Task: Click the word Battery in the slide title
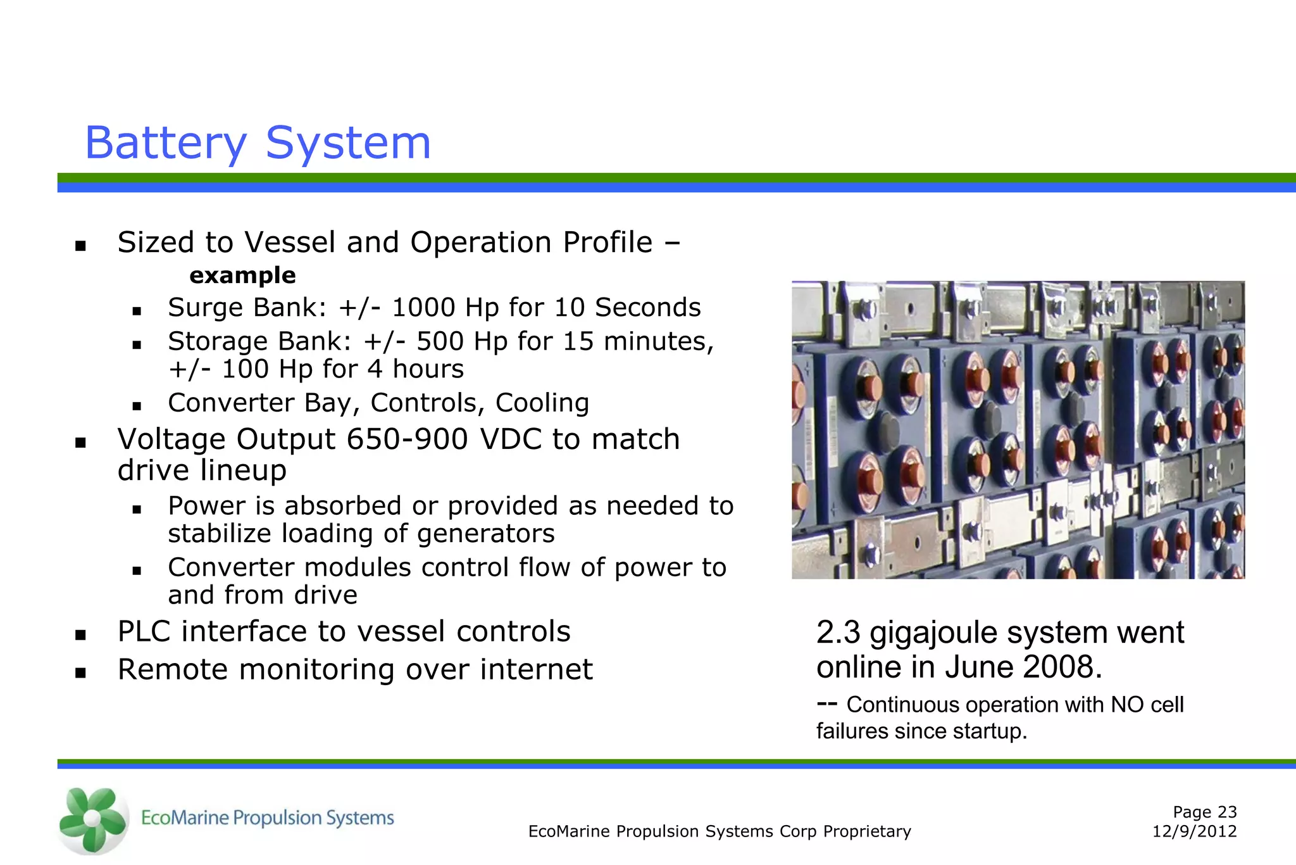coord(166,144)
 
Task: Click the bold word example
coord(242,275)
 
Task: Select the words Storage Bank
coord(259,342)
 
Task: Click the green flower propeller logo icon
coord(92,819)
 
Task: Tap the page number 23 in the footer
coord(1226,812)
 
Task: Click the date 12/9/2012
coord(1194,831)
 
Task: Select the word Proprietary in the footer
coord(867,831)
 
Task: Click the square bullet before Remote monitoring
coord(80,672)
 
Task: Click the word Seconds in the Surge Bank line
coord(647,308)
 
